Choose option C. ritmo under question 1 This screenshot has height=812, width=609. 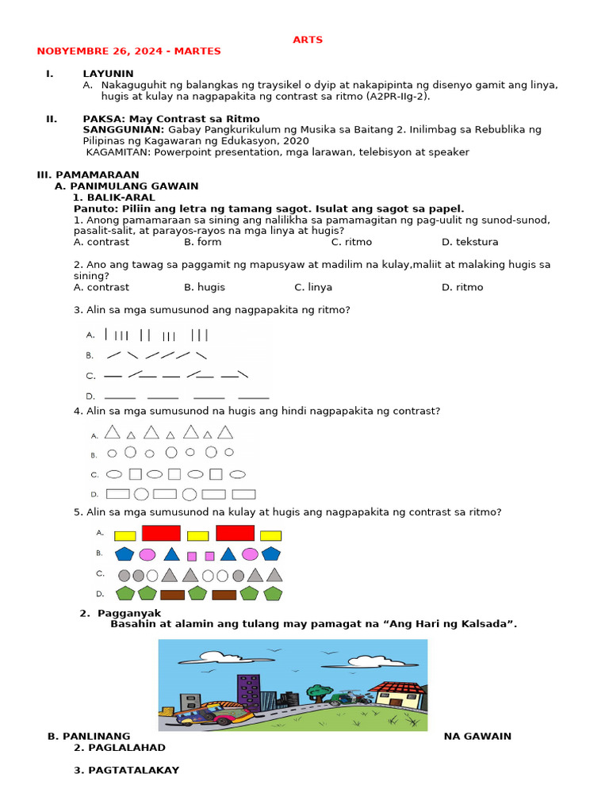click(x=351, y=242)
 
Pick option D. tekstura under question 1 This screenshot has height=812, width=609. click(x=469, y=242)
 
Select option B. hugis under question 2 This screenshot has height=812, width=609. click(x=205, y=287)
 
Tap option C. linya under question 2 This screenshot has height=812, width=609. click(x=313, y=287)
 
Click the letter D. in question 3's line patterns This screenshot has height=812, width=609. click(x=90, y=396)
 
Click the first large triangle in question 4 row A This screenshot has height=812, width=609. click(x=113, y=432)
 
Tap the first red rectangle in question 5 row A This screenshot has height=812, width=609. click(x=161, y=534)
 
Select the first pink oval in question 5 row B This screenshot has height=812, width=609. click(x=147, y=554)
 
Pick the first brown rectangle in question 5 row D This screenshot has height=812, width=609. click(x=172, y=595)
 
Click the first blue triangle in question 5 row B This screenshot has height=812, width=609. click(x=170, y=554)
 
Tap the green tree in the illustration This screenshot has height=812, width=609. click(x=319, y=692)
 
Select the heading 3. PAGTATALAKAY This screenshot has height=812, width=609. click(x=126, y=770)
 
